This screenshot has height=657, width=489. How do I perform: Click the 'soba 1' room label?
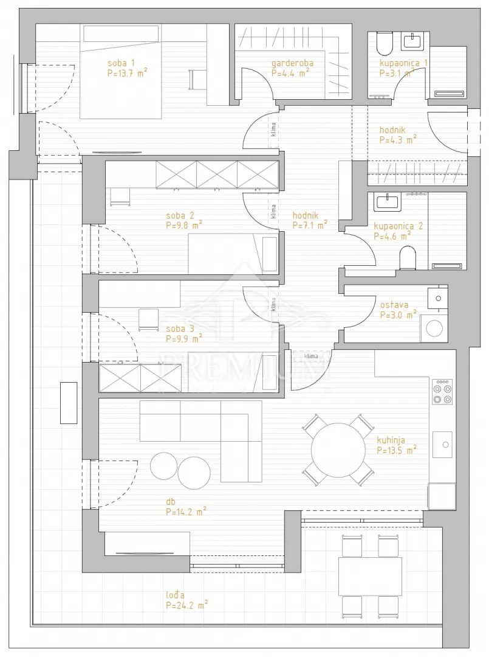point(121,63)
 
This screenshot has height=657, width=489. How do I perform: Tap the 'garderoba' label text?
point(292,63)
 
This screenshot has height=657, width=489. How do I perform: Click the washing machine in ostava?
point(434,328)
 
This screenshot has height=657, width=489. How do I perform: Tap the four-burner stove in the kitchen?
point(443,392)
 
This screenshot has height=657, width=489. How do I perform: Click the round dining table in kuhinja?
point(338,450)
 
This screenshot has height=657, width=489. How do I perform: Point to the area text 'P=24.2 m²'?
point(186,605)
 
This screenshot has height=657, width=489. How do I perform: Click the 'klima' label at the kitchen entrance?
point(311,356)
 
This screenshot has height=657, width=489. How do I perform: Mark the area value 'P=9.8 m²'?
point(184,226)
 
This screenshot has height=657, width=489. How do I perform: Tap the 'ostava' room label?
point(394,305)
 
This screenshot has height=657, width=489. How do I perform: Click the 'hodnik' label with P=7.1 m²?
point(306,216)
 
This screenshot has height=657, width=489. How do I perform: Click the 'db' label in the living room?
point(170,501)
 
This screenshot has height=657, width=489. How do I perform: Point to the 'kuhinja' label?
point(391,440)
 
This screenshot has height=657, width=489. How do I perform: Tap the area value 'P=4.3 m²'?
point(398,140)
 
